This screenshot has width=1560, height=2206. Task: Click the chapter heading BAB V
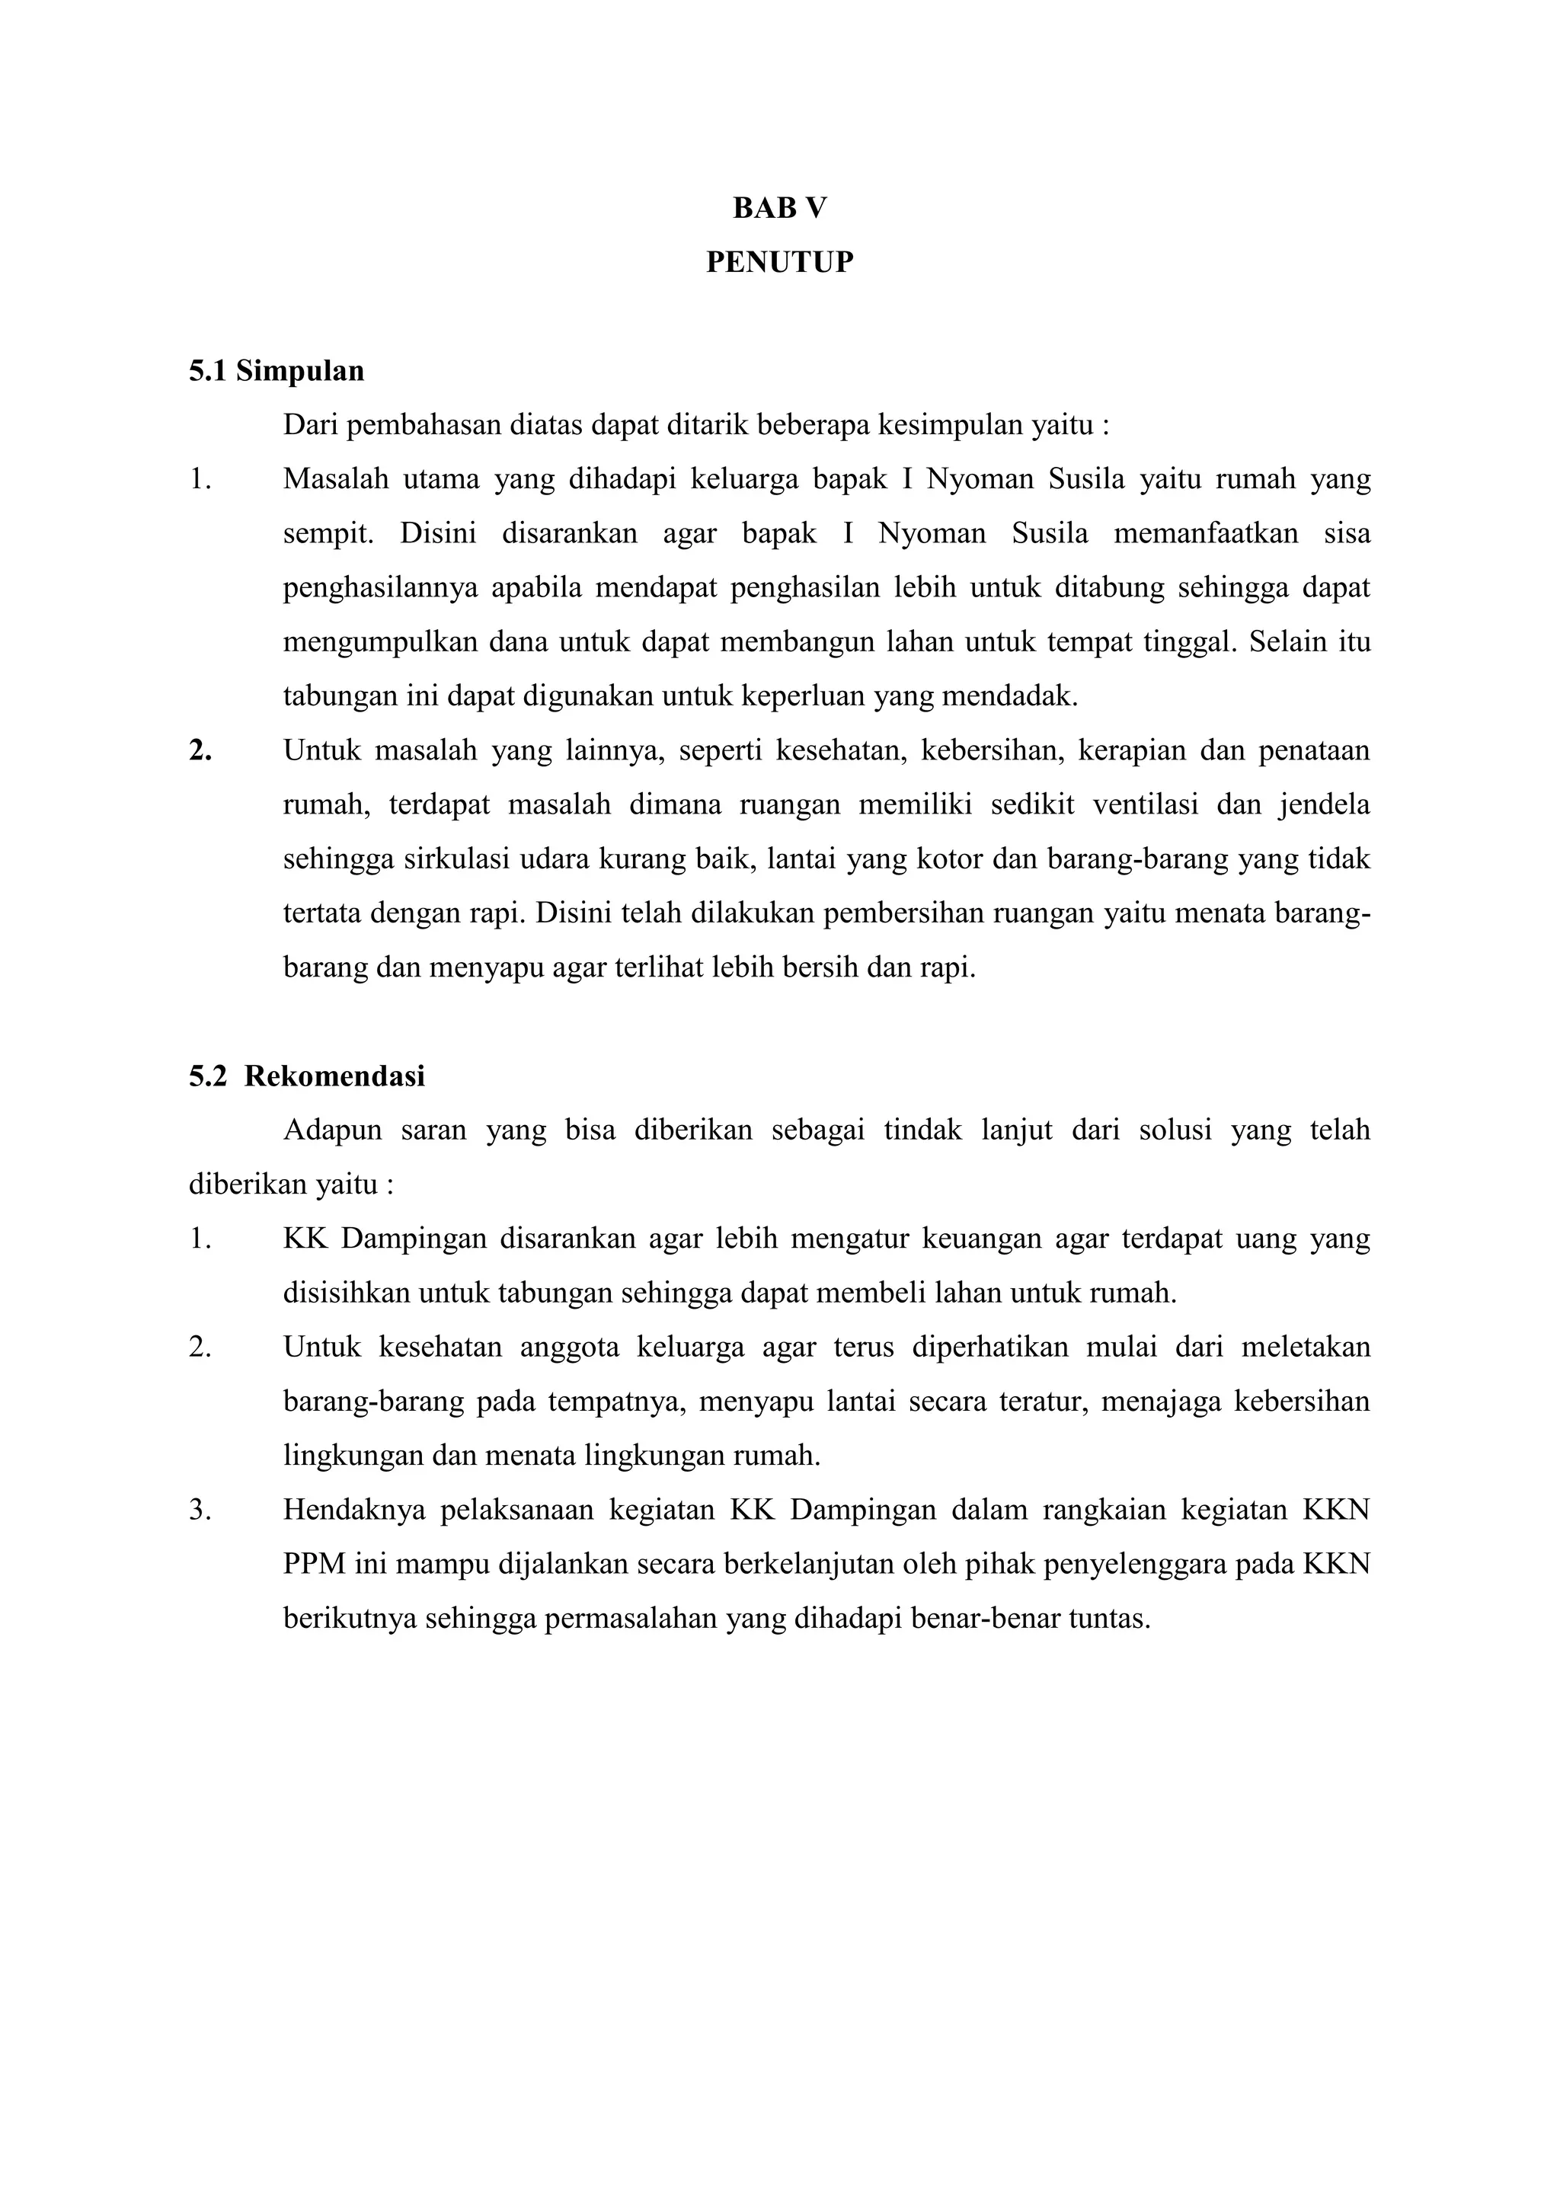click(779, 209)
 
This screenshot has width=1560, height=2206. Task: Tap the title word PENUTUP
click(779, 262)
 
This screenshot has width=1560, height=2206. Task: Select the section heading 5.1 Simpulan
click(277, 371)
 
